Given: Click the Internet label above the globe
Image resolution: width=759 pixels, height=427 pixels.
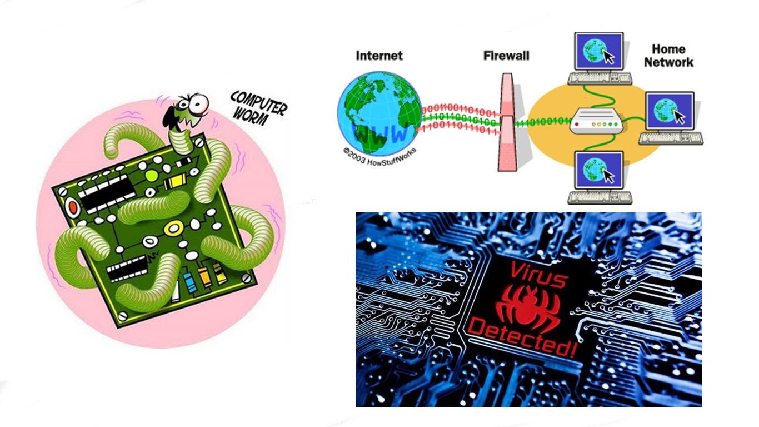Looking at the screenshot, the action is tap(379, 56).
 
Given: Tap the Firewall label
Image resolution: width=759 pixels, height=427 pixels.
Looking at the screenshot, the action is tap(506, 56).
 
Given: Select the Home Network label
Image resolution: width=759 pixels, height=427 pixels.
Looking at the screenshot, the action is tap(668, 56).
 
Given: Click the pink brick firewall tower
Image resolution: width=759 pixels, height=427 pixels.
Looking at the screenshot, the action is tap(507, 122).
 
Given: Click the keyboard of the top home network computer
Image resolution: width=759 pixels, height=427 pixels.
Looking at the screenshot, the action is tap(597, 77).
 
